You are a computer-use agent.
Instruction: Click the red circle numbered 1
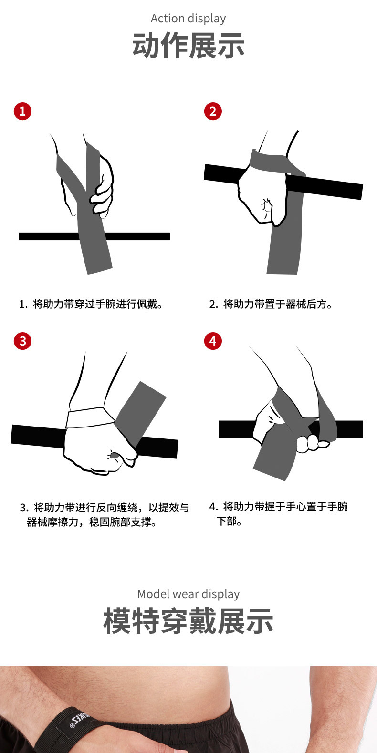pos(22,111)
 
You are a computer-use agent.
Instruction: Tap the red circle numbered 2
pos(213,111)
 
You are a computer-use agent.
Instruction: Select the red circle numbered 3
pos(22,341)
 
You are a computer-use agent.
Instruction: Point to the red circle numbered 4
pos(213,341)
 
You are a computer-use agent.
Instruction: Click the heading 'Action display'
pos(188,19)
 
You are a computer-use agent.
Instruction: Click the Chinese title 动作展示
pos(188,45)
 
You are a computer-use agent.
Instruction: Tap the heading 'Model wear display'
pos(188,594)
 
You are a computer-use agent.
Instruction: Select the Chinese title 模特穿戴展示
pos(188,621)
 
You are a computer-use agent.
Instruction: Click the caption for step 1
pos(91,304)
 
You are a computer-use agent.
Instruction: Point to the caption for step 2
pos(271,304)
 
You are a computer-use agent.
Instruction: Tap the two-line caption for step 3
pos(105,515)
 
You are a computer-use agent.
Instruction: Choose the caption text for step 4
pos(278,514)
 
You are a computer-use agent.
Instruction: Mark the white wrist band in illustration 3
pos(90,417)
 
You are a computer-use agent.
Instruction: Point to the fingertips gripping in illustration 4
pos(313,443)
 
